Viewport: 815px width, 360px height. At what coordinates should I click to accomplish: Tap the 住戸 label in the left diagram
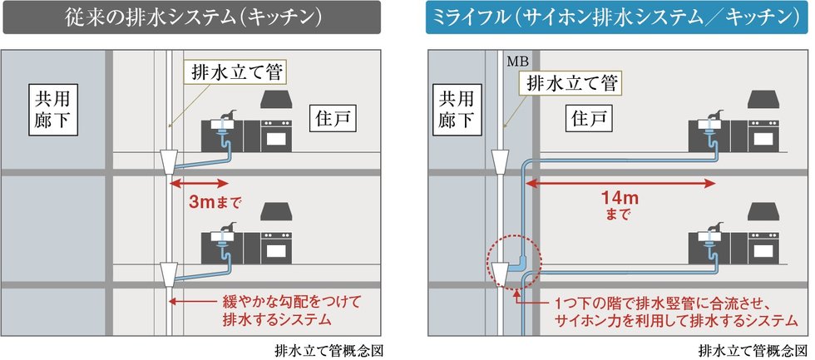(x=335, y=119)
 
